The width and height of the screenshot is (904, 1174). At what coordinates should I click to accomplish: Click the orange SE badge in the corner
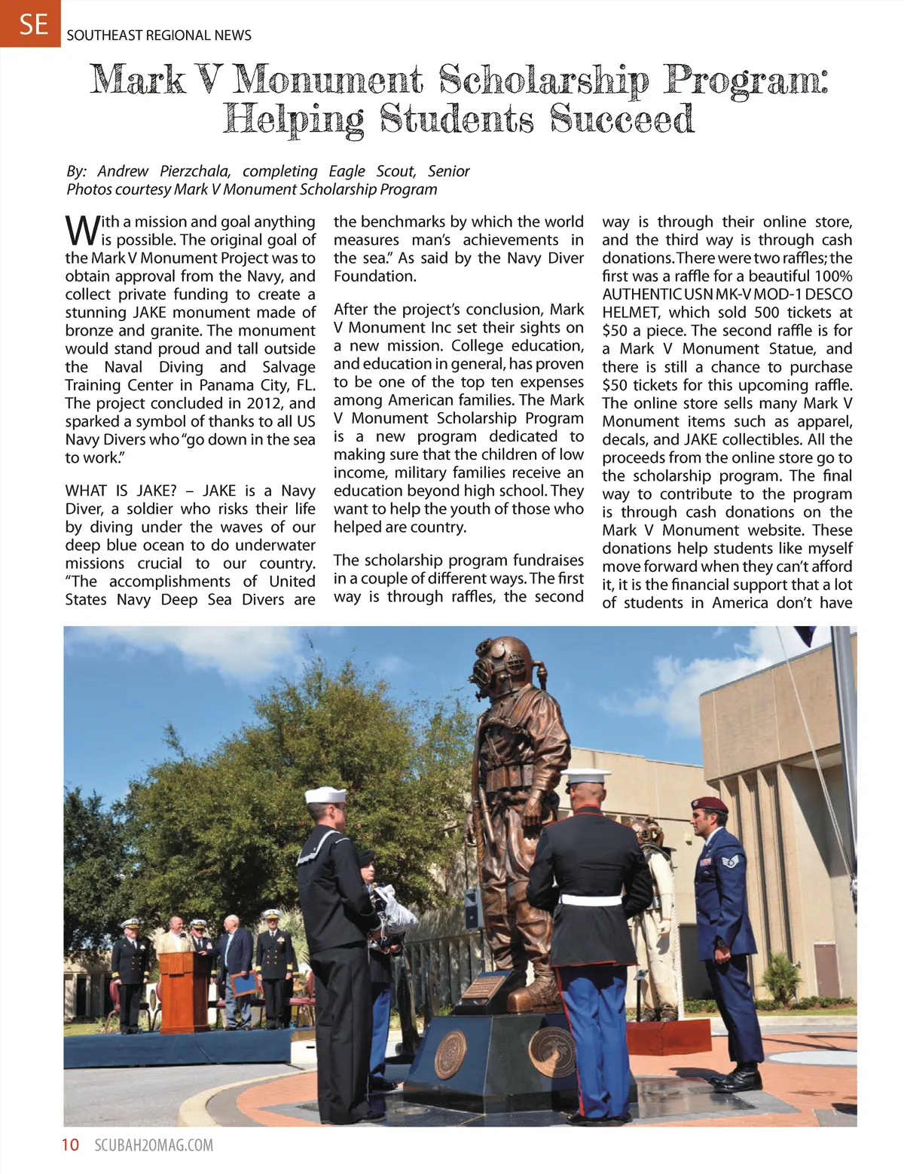coord(30,23)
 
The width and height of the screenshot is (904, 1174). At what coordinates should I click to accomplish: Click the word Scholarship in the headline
coord(543,81)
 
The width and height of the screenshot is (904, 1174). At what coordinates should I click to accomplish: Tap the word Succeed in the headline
coord(621,119)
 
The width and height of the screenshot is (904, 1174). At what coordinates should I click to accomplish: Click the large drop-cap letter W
coord(81,230)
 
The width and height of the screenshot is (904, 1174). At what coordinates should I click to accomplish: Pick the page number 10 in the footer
coord(70,1145)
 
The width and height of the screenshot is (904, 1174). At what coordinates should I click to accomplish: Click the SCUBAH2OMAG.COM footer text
coord(154,1145)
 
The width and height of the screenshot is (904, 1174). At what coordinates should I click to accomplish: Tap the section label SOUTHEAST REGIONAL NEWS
coord(159,35)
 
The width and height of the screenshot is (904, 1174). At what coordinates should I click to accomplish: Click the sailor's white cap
coord(325,795)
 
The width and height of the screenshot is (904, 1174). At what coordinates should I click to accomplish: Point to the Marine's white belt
coord(592,899)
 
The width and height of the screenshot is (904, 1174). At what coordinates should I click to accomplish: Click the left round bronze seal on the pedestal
coord(451,1054)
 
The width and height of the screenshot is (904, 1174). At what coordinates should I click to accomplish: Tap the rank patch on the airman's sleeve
coord(731,860)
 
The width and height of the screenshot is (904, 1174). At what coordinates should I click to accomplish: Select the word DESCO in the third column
coord(828,294)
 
